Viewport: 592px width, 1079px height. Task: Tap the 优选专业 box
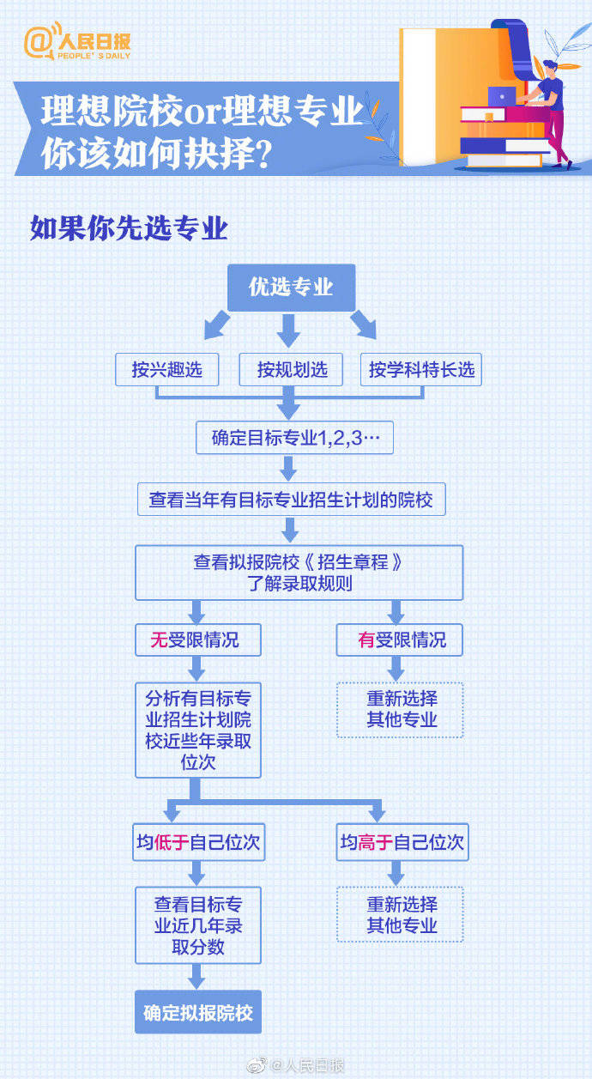[x=291, y=288]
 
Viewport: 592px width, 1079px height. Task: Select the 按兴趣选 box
[x=167, y=370]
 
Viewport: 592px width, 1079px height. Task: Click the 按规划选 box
[x=291, y=370]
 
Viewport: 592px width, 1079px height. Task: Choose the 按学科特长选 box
[x=420, y=370]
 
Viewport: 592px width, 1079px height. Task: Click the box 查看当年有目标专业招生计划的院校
[x=291, y=500]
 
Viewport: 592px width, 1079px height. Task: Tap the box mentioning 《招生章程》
[x=298, y=573]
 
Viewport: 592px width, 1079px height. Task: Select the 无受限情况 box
[x=198, y=640]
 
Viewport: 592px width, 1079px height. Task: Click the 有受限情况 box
[x=399, y=640]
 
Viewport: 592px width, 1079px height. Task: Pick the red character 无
[x=159, y=640]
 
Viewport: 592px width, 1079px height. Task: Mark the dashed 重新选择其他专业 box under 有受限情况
[x=400, y=710]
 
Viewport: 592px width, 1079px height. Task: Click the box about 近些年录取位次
[x=198, y=730]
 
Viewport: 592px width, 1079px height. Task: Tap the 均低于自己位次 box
[x=198, y=843]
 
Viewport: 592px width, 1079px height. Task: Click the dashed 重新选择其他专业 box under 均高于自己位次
[x=400, y=914]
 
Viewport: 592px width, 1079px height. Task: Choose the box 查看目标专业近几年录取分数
[x=198, y=926]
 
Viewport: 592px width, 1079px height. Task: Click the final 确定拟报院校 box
[x=198, y=1012]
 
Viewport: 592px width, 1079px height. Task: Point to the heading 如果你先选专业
[x=129, y=229]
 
